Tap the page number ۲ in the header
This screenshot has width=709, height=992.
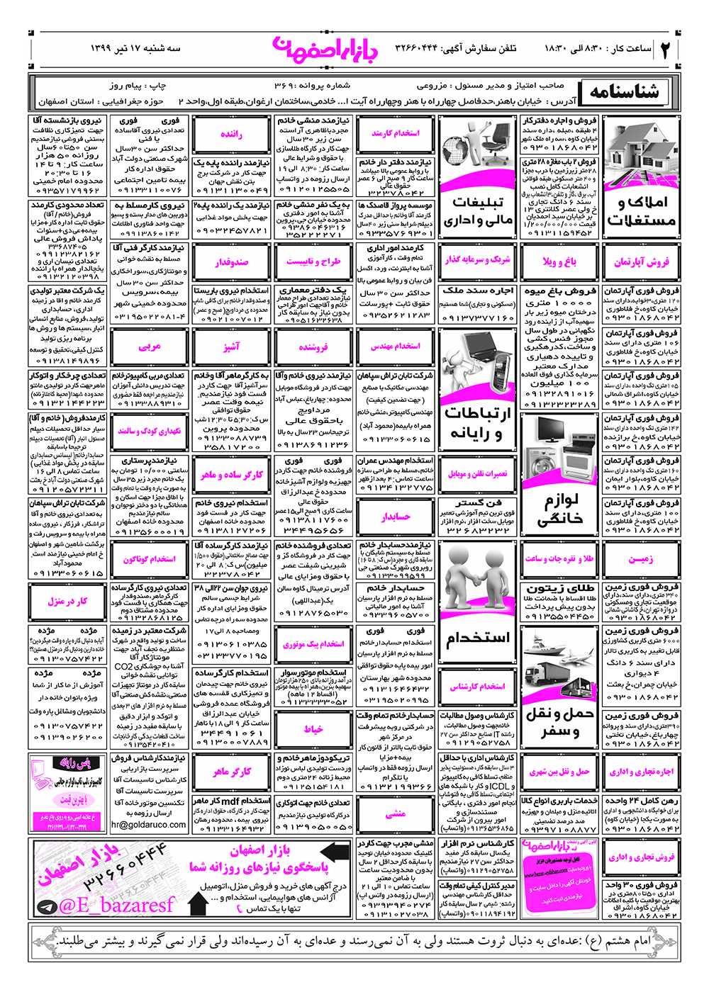tap(666, 49)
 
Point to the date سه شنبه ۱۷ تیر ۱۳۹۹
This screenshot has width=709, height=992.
tap(135, 48)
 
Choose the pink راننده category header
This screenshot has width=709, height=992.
tap(231, 135)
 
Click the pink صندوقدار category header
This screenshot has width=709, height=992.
tap(231, 262)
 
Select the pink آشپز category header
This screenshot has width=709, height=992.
tap(231, 346)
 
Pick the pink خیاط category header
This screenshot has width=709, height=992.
tap(313, 729)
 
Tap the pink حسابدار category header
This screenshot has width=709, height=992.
tap(395, 517)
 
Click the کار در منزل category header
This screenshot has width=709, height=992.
tap(68, 602)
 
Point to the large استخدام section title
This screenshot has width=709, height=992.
tap(478, 638)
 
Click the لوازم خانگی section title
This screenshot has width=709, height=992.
tap(559, 510)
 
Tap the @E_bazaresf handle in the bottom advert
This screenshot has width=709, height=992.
tap(116, 905)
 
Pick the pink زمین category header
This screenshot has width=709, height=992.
tap(641, 559)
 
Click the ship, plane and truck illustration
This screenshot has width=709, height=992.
tap(559, 665)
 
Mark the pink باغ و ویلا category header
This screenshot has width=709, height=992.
tap(559, 262)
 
